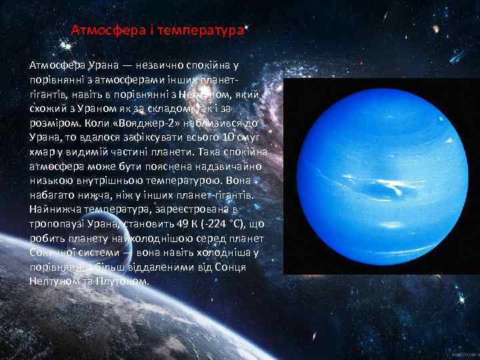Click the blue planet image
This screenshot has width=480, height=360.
tap(381, 175)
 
